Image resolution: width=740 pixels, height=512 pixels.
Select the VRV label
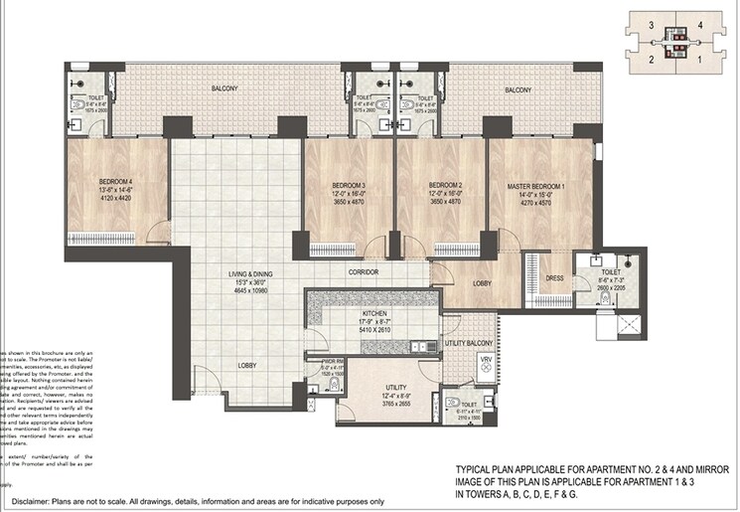coord(486,360)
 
